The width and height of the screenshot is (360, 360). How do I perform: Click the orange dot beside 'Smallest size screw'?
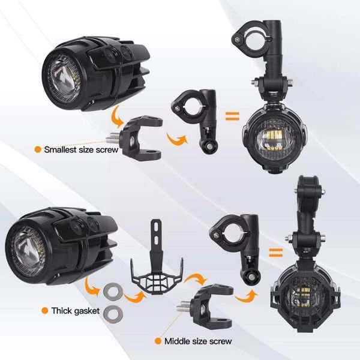(38, 149)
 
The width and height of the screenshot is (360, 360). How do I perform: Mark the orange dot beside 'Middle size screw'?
(158, 341)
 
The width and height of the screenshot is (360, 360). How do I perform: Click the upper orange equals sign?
(232, 114)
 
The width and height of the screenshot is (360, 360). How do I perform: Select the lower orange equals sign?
(275, 252)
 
